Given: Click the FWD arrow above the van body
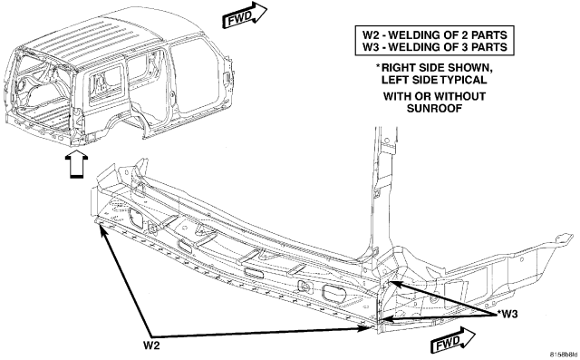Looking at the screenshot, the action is pyautogui.click(x=245, y=15).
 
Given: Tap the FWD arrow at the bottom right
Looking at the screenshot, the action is pyautogui.click(x=453, y=341).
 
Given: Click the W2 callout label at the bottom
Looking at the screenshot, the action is pyautogui.click(x=151, y=345).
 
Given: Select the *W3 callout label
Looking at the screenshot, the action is pyautogui.click(x=507, y=315).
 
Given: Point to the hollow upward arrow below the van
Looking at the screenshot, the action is pyautogui.click(x=76, y=165).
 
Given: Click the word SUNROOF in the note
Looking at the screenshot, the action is pyautogui.click(x=434, y=109).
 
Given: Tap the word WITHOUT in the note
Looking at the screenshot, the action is pyautogui.click(x=459, y=96).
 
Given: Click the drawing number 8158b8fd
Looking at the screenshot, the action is pyautogui.click(x=564, y=355).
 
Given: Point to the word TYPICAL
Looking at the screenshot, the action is pyautogui.click(x=463, y=80).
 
